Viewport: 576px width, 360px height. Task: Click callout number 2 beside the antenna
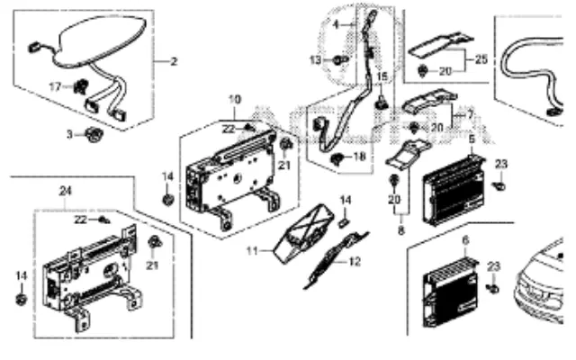pyautogui.click(x=174, y=62)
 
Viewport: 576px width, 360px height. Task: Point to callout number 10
pyautogui.click(x=233, y=98)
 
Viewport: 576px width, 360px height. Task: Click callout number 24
pyautogui.click(x=65, y=190)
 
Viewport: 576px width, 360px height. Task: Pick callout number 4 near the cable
pyautogui.click(x=336, y=23)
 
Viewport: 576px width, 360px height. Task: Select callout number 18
pyautogui.click(x=361, y=157)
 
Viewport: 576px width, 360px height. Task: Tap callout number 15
pyautogui.click(x=381, y=77)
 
